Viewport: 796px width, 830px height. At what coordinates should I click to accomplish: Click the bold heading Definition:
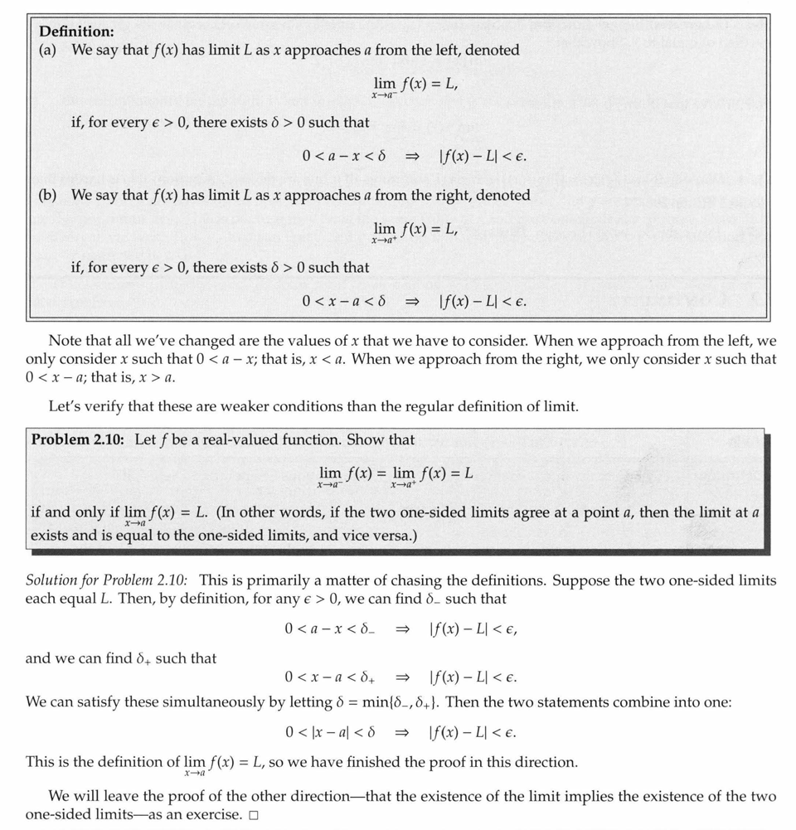(77, 32)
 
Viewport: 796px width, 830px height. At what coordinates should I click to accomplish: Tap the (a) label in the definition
(47, 51)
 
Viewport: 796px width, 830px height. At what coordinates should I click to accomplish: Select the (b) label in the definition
(48, 196)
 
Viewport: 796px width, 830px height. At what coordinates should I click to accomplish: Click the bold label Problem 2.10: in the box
(78, 439)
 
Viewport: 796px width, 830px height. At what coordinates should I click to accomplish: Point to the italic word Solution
(51, 580)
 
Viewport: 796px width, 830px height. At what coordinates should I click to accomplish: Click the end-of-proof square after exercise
(254, 815)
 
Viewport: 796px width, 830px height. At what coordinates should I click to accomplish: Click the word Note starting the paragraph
(65, 341)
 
